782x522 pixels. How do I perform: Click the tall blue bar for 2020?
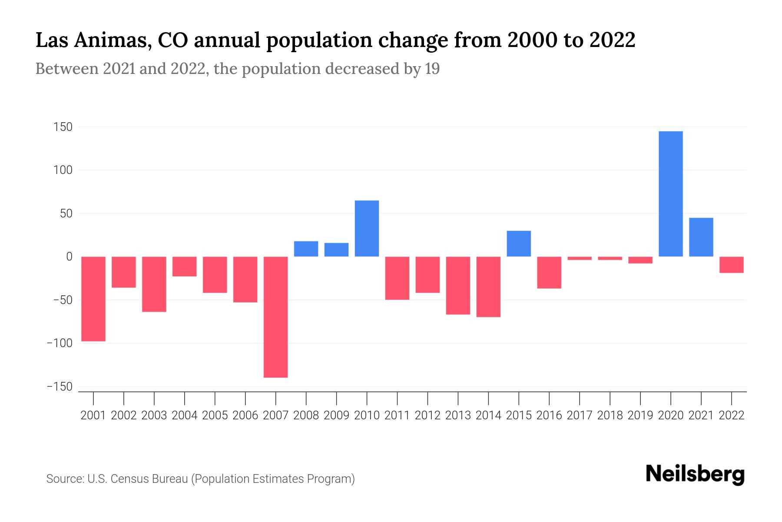point(670,194)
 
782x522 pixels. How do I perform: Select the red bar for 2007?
point(276,317)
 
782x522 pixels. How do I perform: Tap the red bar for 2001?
point(93,299)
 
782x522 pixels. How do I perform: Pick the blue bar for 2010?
point(367,228)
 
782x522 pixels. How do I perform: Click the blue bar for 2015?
point(519,244)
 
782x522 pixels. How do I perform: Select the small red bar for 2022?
point(731,264)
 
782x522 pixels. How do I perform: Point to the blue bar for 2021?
point(701,237)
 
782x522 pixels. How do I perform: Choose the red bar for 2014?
point(488,287)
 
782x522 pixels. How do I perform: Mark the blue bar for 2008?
point(306,249)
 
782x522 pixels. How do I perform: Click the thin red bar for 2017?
point(580,258)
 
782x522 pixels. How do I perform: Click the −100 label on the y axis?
point(60,343)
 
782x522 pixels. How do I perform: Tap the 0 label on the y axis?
point(69,257)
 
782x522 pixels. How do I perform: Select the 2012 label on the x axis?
point(427,415)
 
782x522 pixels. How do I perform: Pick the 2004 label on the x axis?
point(185,415)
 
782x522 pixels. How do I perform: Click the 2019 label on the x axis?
point(640,415)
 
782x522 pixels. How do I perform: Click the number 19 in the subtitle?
point(432,69)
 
